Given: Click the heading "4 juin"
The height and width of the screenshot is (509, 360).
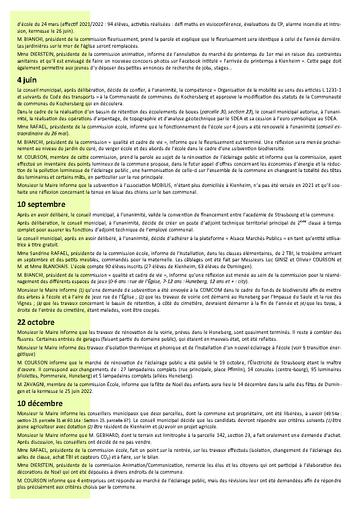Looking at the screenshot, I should click(27, 80).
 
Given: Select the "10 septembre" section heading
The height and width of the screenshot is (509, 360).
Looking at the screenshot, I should click(41, 204).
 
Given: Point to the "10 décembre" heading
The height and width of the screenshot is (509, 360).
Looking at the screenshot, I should click(40, 403).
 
